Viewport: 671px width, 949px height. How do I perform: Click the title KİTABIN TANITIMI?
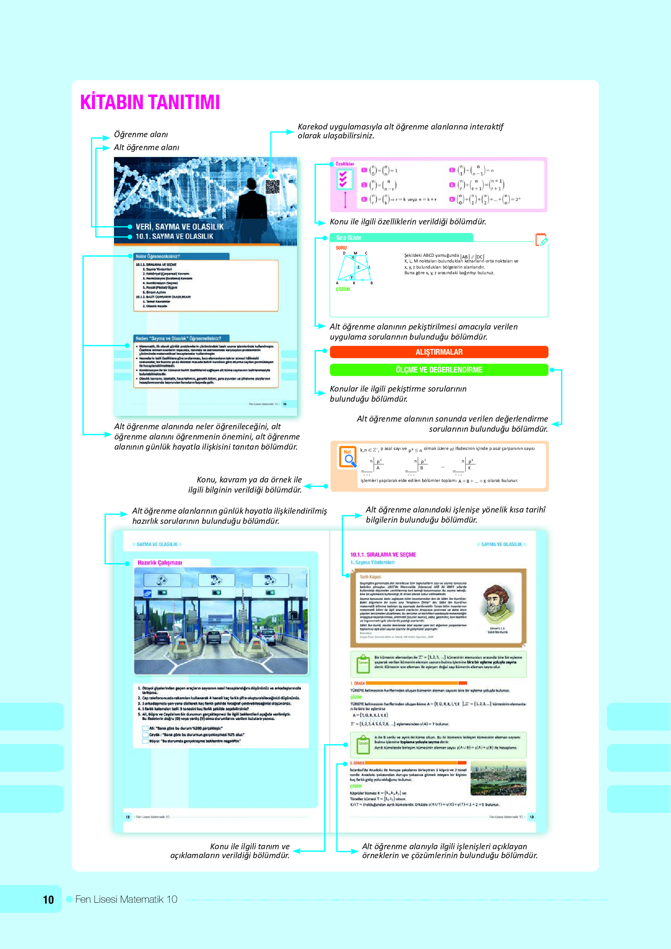pos(150,102)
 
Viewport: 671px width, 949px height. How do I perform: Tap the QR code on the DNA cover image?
pos(272,187)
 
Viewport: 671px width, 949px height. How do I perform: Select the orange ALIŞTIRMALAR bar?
pos(439,352)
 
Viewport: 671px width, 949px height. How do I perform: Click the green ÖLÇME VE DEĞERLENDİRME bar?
pos(439,370)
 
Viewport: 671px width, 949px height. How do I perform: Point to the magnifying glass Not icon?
pos(348,457)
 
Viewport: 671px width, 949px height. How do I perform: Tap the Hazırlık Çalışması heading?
pos(160,562)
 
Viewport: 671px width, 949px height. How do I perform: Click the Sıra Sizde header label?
pos(349,238)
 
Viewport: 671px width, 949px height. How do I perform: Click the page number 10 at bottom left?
pos(48,900)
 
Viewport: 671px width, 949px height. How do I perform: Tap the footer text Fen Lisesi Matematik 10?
pos(126,899)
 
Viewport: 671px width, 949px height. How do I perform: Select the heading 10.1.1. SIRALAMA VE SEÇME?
pos(383,555)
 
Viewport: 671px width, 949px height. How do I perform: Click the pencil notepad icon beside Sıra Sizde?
pos(541,239)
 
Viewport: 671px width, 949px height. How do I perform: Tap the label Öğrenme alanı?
pos(141,134)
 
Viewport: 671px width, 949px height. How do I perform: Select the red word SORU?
pos(341,248)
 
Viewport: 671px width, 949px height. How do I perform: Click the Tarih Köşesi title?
pos(370,577)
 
